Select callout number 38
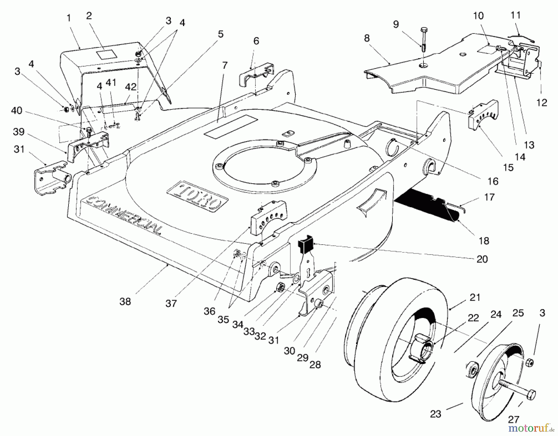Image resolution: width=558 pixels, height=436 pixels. pos(125,301)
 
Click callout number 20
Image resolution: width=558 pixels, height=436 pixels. pos(482,259)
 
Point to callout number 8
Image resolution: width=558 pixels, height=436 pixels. pos(367,38)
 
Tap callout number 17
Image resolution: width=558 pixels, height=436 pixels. pos(489,197)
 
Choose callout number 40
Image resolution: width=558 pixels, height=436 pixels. pos(16,111)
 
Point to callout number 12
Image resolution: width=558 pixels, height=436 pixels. pos(542,102)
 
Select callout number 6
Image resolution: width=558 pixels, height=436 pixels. pos(256,41)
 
